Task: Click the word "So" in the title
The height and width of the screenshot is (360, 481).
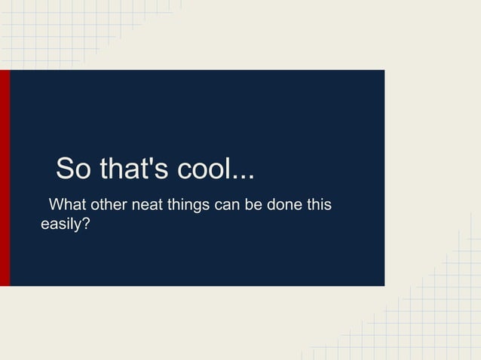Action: [72, 169]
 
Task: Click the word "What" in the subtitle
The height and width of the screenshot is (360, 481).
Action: [66, 205]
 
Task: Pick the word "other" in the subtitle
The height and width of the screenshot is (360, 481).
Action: [109, 205]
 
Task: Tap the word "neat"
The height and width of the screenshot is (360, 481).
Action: [149, 205]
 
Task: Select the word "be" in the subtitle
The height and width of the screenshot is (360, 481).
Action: [262, 205]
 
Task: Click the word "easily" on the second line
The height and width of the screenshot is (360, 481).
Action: [60, 224]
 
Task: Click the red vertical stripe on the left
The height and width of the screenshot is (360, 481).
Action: [5, 178]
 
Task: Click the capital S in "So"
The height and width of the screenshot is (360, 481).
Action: [65, 169]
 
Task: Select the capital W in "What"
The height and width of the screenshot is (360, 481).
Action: [55, 205]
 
